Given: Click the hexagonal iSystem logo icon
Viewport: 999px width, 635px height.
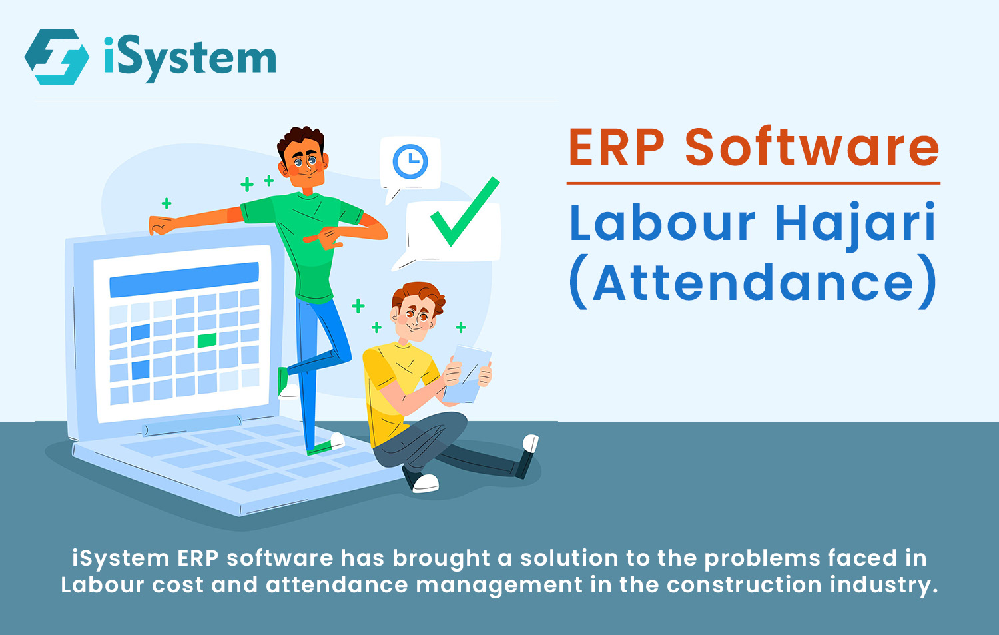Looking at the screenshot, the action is pyautogui.click(x=57, y=57).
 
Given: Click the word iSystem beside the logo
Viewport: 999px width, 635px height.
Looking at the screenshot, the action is pyautogui.click(x=190, y=59).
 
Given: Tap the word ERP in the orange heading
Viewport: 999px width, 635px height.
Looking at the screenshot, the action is pyautogui.click(x=617, y=148).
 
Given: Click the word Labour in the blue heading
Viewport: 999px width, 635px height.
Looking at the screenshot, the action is pyautogui.click(x=662, y=222).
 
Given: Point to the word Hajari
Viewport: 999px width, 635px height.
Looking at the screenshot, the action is pyautogui.click(x=855, y=226).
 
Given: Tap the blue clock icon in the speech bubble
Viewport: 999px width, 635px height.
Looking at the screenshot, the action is pyautogui.click(x=410, y=161).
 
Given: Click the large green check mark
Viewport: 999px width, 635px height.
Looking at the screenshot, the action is pyautogui.click(x=465, y=211).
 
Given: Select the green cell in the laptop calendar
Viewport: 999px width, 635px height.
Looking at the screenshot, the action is pyautogui.click(x=207, y=340).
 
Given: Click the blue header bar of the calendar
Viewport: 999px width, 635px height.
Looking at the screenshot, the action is pyautogui.click(x=184, y=280).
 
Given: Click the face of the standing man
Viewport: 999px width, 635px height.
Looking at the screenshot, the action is pyautogui.click(x=305, y=163).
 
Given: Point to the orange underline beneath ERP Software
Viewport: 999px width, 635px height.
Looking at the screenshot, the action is pyautogui.click(x=753, y=183).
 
